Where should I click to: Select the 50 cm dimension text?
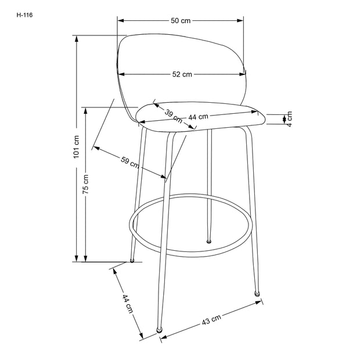[181, 20]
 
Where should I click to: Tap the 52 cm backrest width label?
[182, 74]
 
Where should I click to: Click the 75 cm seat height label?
[85, 184]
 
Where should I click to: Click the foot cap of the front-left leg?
[160, 331]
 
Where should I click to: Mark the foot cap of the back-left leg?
[132, 261]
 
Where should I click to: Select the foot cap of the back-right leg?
[209, 240]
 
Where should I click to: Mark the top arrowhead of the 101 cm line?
[75, 38]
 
